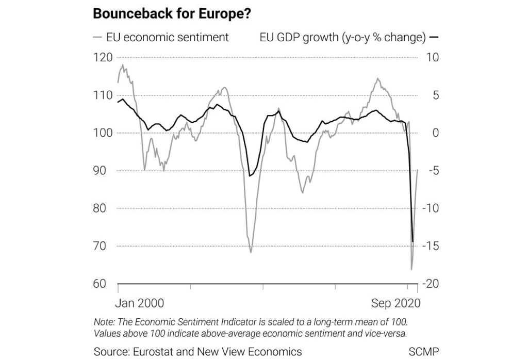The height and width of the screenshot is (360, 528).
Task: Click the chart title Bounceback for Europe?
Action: tap(172, 14)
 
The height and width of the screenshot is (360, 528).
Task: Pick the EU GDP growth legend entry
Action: tap(342, 37)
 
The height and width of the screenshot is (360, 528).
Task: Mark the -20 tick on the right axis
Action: tap(431, 284)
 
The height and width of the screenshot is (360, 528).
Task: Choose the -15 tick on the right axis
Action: tap(431, 246)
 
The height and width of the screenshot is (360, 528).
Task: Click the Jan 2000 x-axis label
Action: tap(140, 303)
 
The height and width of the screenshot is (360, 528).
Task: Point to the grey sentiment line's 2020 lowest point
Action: tap(411, 269)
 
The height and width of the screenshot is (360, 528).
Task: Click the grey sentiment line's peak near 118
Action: tap(123, 65)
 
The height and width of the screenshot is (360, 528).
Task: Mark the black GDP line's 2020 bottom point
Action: tap(413, 241)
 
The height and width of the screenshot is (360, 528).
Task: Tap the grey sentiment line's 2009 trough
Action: tap(251, 252)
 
